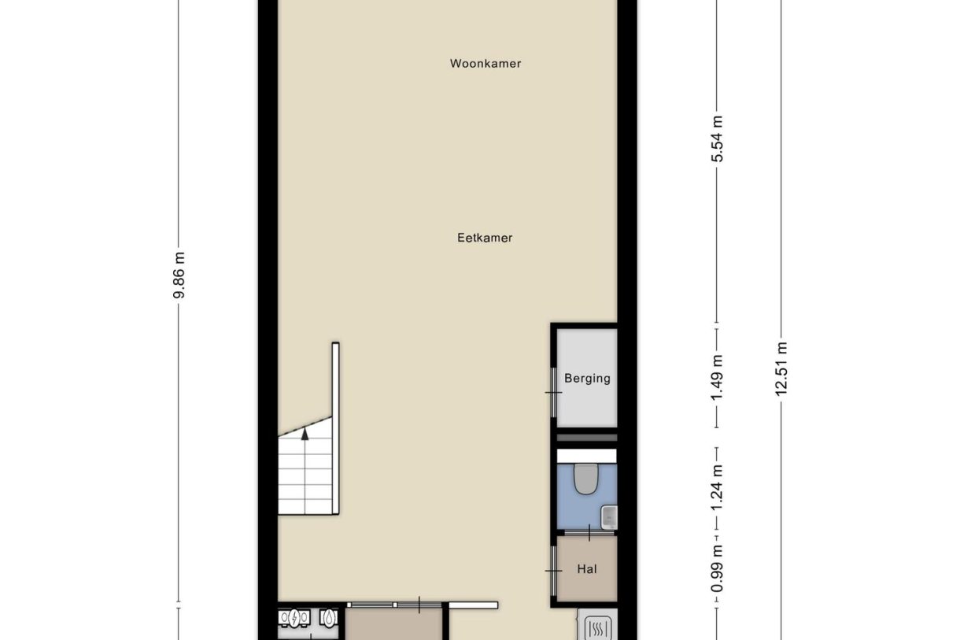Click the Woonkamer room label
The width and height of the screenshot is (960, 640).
point(485,64)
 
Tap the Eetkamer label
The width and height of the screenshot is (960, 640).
point(485,237)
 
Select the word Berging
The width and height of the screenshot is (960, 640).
point(587,379)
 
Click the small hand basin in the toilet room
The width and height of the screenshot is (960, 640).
point(608,517)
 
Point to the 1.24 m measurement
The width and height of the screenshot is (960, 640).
point(717,488)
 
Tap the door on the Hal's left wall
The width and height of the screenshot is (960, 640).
point(554,569)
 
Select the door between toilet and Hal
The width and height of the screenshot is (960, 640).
point(587,534)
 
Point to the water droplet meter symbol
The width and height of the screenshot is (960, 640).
point(328,619)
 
